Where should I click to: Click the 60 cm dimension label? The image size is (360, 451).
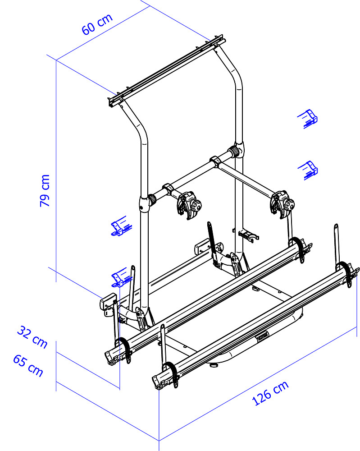click(97, 24)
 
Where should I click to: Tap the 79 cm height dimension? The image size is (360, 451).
click(45, 190)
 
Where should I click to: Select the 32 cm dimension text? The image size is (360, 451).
click(32, 337)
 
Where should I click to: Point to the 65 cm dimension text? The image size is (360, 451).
click(28, 365)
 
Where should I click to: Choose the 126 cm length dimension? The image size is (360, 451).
click(270, 393)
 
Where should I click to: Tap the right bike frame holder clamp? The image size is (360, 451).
click(282, 204)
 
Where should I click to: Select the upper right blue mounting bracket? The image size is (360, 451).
click(307, 119)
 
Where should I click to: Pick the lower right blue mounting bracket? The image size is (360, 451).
click(308, 170)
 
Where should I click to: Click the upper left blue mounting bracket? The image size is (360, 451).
click(121, 226)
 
